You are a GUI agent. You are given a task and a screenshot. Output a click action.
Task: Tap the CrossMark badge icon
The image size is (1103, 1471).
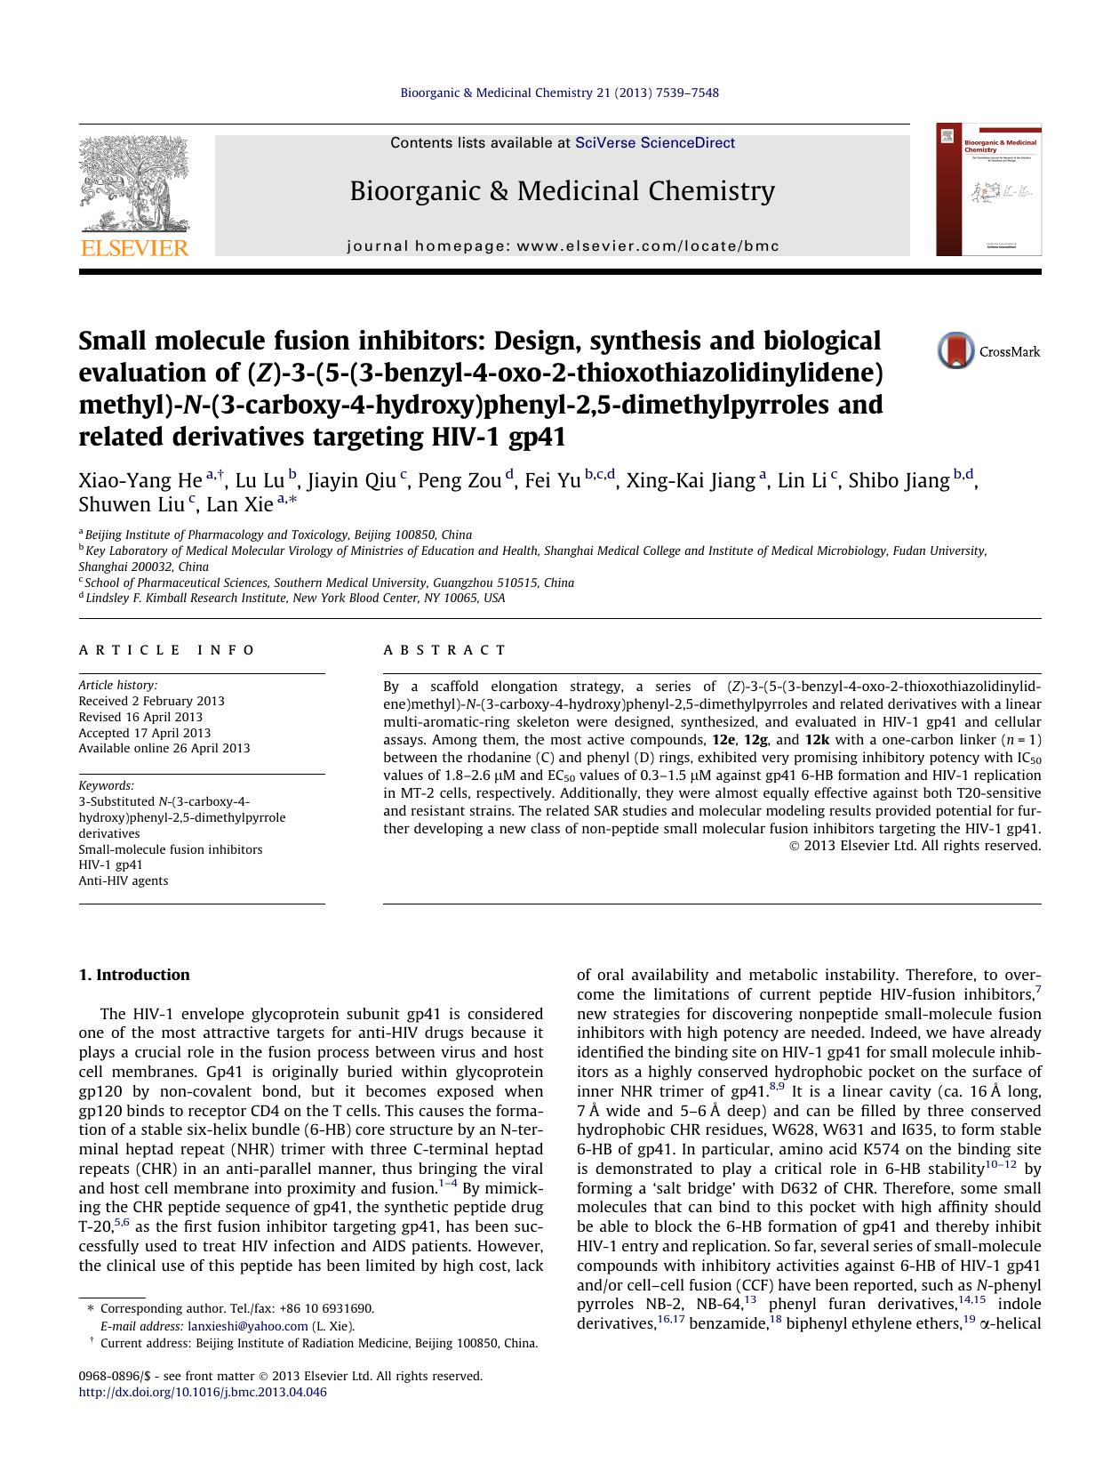955,351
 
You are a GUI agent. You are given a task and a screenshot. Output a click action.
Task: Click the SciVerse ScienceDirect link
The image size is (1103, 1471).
654,142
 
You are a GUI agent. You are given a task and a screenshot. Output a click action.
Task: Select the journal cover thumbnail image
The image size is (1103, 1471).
988,189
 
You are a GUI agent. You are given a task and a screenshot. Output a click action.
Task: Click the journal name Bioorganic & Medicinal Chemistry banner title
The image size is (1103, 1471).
562,191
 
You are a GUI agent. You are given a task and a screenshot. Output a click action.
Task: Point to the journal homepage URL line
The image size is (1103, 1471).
562,246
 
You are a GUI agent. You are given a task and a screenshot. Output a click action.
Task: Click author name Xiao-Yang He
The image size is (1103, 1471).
140,481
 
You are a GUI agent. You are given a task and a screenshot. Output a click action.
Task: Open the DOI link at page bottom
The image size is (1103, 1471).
203,1392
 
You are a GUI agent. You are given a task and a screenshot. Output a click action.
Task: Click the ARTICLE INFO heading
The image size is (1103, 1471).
167,650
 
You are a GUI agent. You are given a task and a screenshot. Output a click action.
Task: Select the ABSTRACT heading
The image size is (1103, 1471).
444,650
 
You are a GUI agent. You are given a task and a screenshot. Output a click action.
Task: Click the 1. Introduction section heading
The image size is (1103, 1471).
134,975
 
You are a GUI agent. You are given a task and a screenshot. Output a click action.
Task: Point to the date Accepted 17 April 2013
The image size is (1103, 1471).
144,733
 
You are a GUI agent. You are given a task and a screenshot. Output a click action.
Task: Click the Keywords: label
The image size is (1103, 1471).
106,785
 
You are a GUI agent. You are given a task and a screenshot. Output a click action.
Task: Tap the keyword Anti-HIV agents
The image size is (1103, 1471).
123,880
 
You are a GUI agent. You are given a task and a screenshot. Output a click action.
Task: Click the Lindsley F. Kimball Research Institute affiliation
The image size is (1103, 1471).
293,599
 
